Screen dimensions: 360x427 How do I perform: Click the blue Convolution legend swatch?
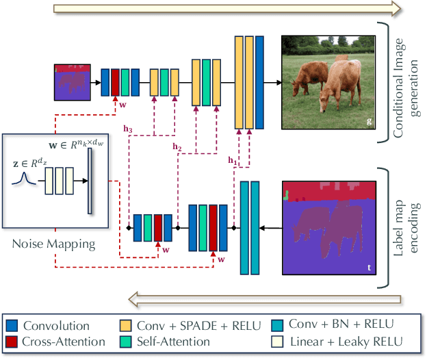pyautogui.click(x=13, y=325)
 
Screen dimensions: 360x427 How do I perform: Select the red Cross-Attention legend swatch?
pyautogui.click(x=13, y=342)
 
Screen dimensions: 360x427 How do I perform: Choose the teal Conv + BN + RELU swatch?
pyautogui.click(x=279, y=325)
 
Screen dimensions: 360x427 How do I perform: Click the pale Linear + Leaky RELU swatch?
pyautogui.click(x=279, y=342)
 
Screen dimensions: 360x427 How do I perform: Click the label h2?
pyautogui.click(x=177, y=146)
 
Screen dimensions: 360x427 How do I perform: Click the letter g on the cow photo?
pyautogui.click(x=370, y=122)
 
